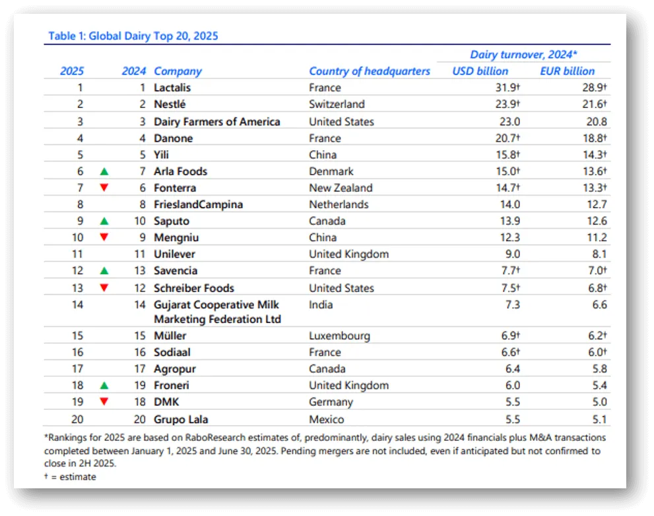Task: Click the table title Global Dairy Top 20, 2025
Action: pos(133,36)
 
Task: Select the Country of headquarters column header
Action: pos(370,71)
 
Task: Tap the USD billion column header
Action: pos(480,71)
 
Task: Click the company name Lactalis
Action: pos(172,88)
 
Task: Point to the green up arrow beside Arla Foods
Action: pos(104,171)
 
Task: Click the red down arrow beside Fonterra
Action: pos(104,188)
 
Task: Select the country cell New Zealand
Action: pos(341,188)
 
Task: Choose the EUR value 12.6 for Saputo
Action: pos(596,221)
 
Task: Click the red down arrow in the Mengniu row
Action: pos(104,237)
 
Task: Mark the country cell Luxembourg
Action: pos(339,335)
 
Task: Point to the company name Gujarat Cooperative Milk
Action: pos(216,304)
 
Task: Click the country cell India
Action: pos(321,304)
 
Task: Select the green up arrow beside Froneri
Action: pos(104,386)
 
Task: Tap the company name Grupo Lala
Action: pos(181,418)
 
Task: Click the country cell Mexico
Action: pos(326,418)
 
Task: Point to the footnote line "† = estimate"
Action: pos(70,476)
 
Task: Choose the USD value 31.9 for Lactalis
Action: pos(506,88)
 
